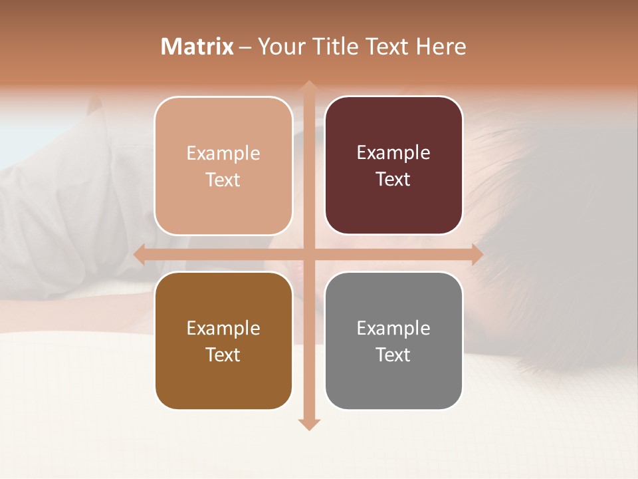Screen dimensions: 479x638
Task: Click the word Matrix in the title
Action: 197,47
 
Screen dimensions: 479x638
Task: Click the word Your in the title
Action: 279,47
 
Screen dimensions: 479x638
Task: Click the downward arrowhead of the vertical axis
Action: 308,424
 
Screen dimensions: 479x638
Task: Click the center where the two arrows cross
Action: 308,254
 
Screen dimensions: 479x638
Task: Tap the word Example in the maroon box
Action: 393,153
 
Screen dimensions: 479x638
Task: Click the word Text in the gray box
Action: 393,355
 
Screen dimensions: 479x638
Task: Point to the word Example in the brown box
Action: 223,328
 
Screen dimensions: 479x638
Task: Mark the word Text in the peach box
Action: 223,180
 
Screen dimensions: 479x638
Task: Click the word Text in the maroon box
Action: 393,180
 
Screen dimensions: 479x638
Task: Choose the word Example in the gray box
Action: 393,328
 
